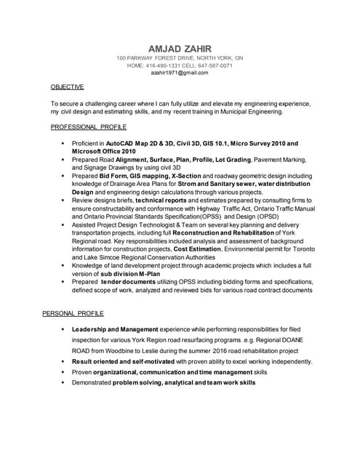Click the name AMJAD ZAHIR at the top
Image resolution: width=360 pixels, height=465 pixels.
[x=180, y=47]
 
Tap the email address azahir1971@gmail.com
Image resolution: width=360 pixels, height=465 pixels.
[x=180, y=73]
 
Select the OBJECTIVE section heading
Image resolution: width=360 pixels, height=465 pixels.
[x=67, y=86]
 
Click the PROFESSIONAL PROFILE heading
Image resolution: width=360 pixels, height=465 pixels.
[x=89, y=126]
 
